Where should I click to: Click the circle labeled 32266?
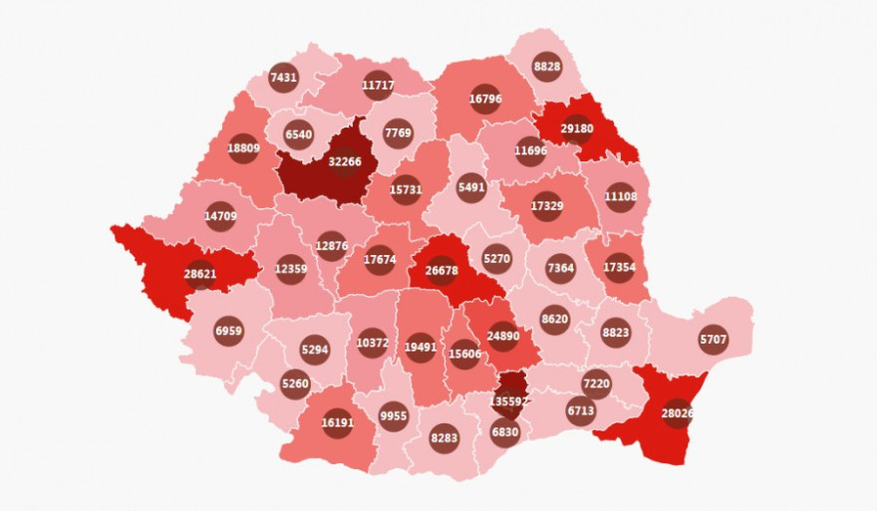(345, 161)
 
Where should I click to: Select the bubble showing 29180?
(577, 128)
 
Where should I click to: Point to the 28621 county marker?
(200, 275)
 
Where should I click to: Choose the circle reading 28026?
(678, 413)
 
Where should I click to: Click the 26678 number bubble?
(441, 270)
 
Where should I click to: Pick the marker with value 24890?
(503, 336)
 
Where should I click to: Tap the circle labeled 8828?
(547, 66)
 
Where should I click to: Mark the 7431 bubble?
(284, 77)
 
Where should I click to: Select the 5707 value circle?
(714, 340)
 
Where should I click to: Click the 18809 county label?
(243, 149)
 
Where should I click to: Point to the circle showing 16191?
(338, 422)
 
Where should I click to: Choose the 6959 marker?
(228, 331)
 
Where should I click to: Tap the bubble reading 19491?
(421, 348)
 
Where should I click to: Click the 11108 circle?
(620, 196)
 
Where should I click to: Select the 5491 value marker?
(471, 186)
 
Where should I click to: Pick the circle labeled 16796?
(485, 99)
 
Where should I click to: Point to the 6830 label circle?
(505, 432)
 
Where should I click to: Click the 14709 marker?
(220, 215)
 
